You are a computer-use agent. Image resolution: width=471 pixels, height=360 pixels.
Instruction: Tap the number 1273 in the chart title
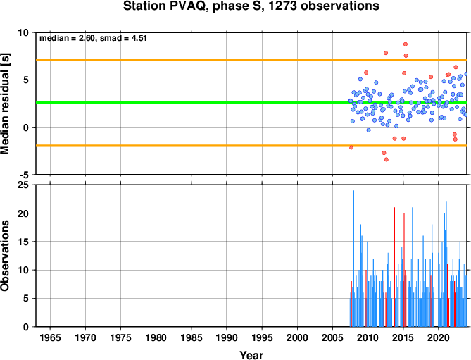coord(282,6)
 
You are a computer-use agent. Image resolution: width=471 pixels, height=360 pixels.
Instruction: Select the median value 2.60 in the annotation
coord(87,38)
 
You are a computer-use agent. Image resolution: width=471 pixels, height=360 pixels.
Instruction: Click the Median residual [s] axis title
coord(5,104)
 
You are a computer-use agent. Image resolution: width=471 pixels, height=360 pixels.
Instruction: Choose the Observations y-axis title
coord(5,256)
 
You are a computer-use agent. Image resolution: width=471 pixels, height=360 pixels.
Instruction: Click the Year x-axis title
coord(251,355)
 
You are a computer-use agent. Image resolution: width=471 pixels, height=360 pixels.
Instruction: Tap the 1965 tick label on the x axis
coord(50,337)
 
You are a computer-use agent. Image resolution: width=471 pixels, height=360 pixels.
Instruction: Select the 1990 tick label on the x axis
coord(227,337)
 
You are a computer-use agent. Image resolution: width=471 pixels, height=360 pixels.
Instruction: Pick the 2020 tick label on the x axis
coord(439,337)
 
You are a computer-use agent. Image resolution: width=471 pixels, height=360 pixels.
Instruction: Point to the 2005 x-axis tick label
coord(332,337)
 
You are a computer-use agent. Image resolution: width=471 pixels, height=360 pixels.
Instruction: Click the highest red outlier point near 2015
coord(406,44)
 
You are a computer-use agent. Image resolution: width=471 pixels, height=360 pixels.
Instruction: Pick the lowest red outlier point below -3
coord(387,159)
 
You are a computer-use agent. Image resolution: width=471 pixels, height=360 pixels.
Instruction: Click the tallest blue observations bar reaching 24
coord(353,259)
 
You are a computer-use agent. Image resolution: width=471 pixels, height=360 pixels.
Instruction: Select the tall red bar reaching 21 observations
coord(394,267)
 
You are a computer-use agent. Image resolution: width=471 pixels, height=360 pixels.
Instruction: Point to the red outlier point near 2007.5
coord(351,147)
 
